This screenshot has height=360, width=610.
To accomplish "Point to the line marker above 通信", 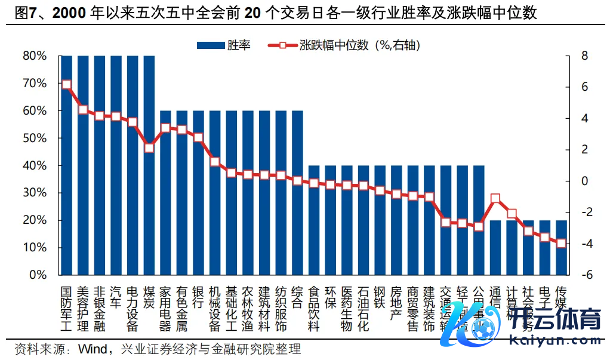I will pos(495,198).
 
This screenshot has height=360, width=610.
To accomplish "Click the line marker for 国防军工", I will pos(66,84).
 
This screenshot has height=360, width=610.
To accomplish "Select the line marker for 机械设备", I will pos(215,162).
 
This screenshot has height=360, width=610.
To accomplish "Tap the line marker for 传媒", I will pos(561,243).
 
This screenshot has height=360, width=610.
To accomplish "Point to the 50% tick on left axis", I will pos(35,138).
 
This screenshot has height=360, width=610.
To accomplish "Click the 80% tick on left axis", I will pos(35,56).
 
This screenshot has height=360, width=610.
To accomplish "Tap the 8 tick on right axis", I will pos(585,56).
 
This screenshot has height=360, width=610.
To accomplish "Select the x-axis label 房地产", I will pos(396,301).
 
